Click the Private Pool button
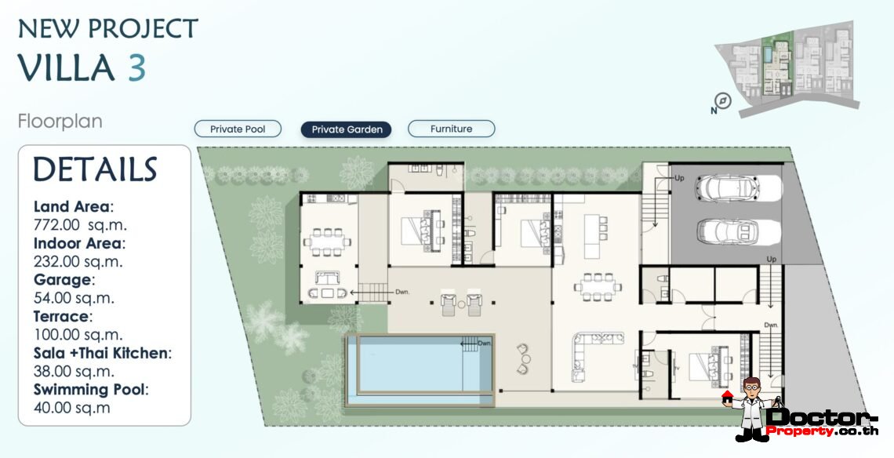click(x=238, y=129)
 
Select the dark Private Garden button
click(x=347, y=129)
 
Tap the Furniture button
click(x=451, y=129)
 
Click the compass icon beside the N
click(x=723, y=101)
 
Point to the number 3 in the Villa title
click(x=136, y=68)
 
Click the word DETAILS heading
click(x=95, y=170)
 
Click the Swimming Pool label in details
click(x=90, y=390)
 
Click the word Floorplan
click(x=60, y=122)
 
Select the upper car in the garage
click(x=728, y=189)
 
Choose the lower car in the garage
click(x=728, y=231)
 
